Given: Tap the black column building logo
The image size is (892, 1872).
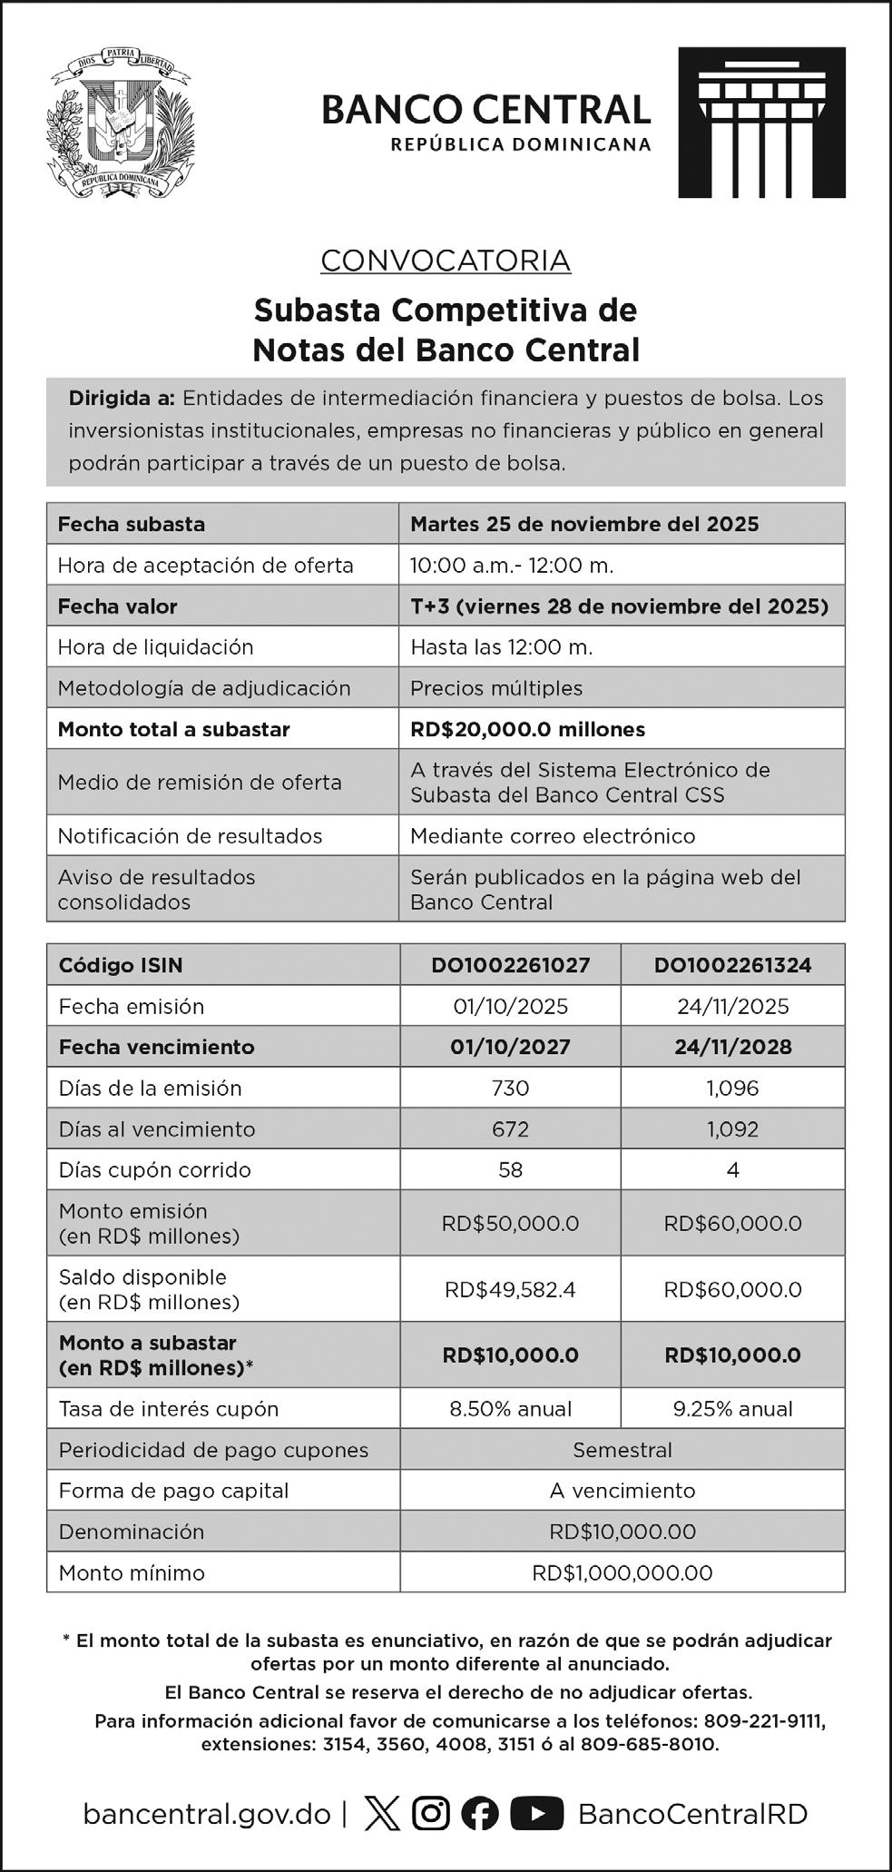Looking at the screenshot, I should [x=761, y=123].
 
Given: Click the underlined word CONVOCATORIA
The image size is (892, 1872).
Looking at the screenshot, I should [x=446, y=261].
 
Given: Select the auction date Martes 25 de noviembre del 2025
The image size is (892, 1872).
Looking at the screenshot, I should [x=584, y=524].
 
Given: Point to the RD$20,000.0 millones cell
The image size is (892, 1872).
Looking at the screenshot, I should [x=527, y=729].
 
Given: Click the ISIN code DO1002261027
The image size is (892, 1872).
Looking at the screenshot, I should [x=510, y=965].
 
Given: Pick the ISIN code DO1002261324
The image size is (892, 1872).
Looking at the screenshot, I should [x=732, y=965].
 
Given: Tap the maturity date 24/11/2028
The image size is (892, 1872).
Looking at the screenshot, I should [x=732, y=1047].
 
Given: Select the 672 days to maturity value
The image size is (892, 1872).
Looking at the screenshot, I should [x=510, y=1129].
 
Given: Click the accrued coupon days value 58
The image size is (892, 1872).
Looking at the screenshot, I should [x=510, y=1170].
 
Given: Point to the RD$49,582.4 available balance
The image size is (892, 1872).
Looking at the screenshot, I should [x=510, y=1289].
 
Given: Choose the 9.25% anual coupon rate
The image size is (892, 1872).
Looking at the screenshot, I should [x=732, y=1409].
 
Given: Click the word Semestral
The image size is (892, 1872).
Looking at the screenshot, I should [x=622, y=1450].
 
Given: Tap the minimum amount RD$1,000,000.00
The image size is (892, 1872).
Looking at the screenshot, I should [x=622, y=1572].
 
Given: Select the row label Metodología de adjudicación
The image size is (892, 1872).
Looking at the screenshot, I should [x=204, y=688].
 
